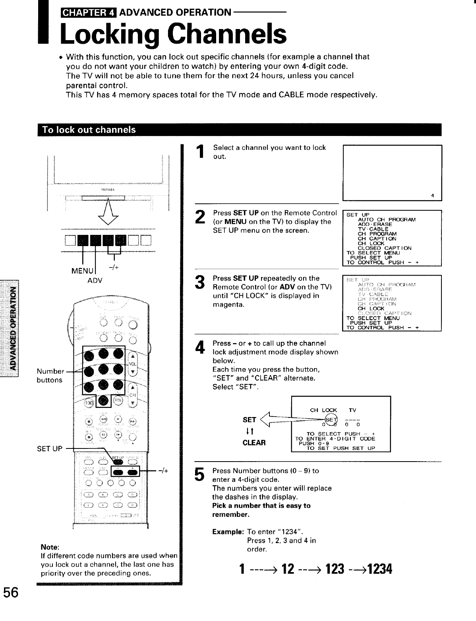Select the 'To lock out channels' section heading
pyautogui.click(x=89, y=130)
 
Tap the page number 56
pyautogui.click(x=12, y=593)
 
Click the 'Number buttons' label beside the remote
pyautogui.click(x=50, y=376)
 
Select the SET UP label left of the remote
pyautogui.click(x=50, y=449)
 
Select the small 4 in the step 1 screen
pyautogui.click(x=432, y=195)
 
